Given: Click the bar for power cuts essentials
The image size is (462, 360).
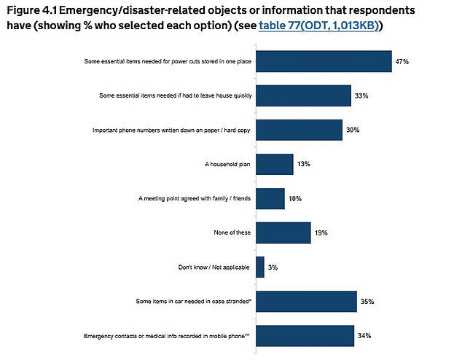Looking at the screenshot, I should coord(324,62).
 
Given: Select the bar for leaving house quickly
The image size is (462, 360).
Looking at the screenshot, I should coord(303,95).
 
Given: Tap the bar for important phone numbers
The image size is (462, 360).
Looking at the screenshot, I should coord(299,130).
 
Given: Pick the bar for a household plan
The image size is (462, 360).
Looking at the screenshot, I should coord(274,164).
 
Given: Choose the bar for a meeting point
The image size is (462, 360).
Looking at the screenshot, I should coord(270,198).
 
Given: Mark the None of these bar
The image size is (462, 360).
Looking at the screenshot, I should coord(283,232).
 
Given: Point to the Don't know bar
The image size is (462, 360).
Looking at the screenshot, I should coord(260,267).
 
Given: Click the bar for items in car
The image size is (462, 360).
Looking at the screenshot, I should coord(306,300).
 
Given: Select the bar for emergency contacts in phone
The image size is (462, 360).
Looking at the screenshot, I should coord(305,335).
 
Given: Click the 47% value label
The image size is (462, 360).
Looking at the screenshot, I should coord(402,63).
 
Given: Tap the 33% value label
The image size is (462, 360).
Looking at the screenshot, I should coord(361,96).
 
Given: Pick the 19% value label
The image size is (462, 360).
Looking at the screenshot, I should coord(321,232).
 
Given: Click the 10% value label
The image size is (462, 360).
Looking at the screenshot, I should coord(294,198).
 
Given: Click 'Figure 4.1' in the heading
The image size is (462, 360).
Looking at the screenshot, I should coord(40,10).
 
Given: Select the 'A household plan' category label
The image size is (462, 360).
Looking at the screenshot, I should coord(227,164).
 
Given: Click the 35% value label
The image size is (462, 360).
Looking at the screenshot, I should coord(366,300).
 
